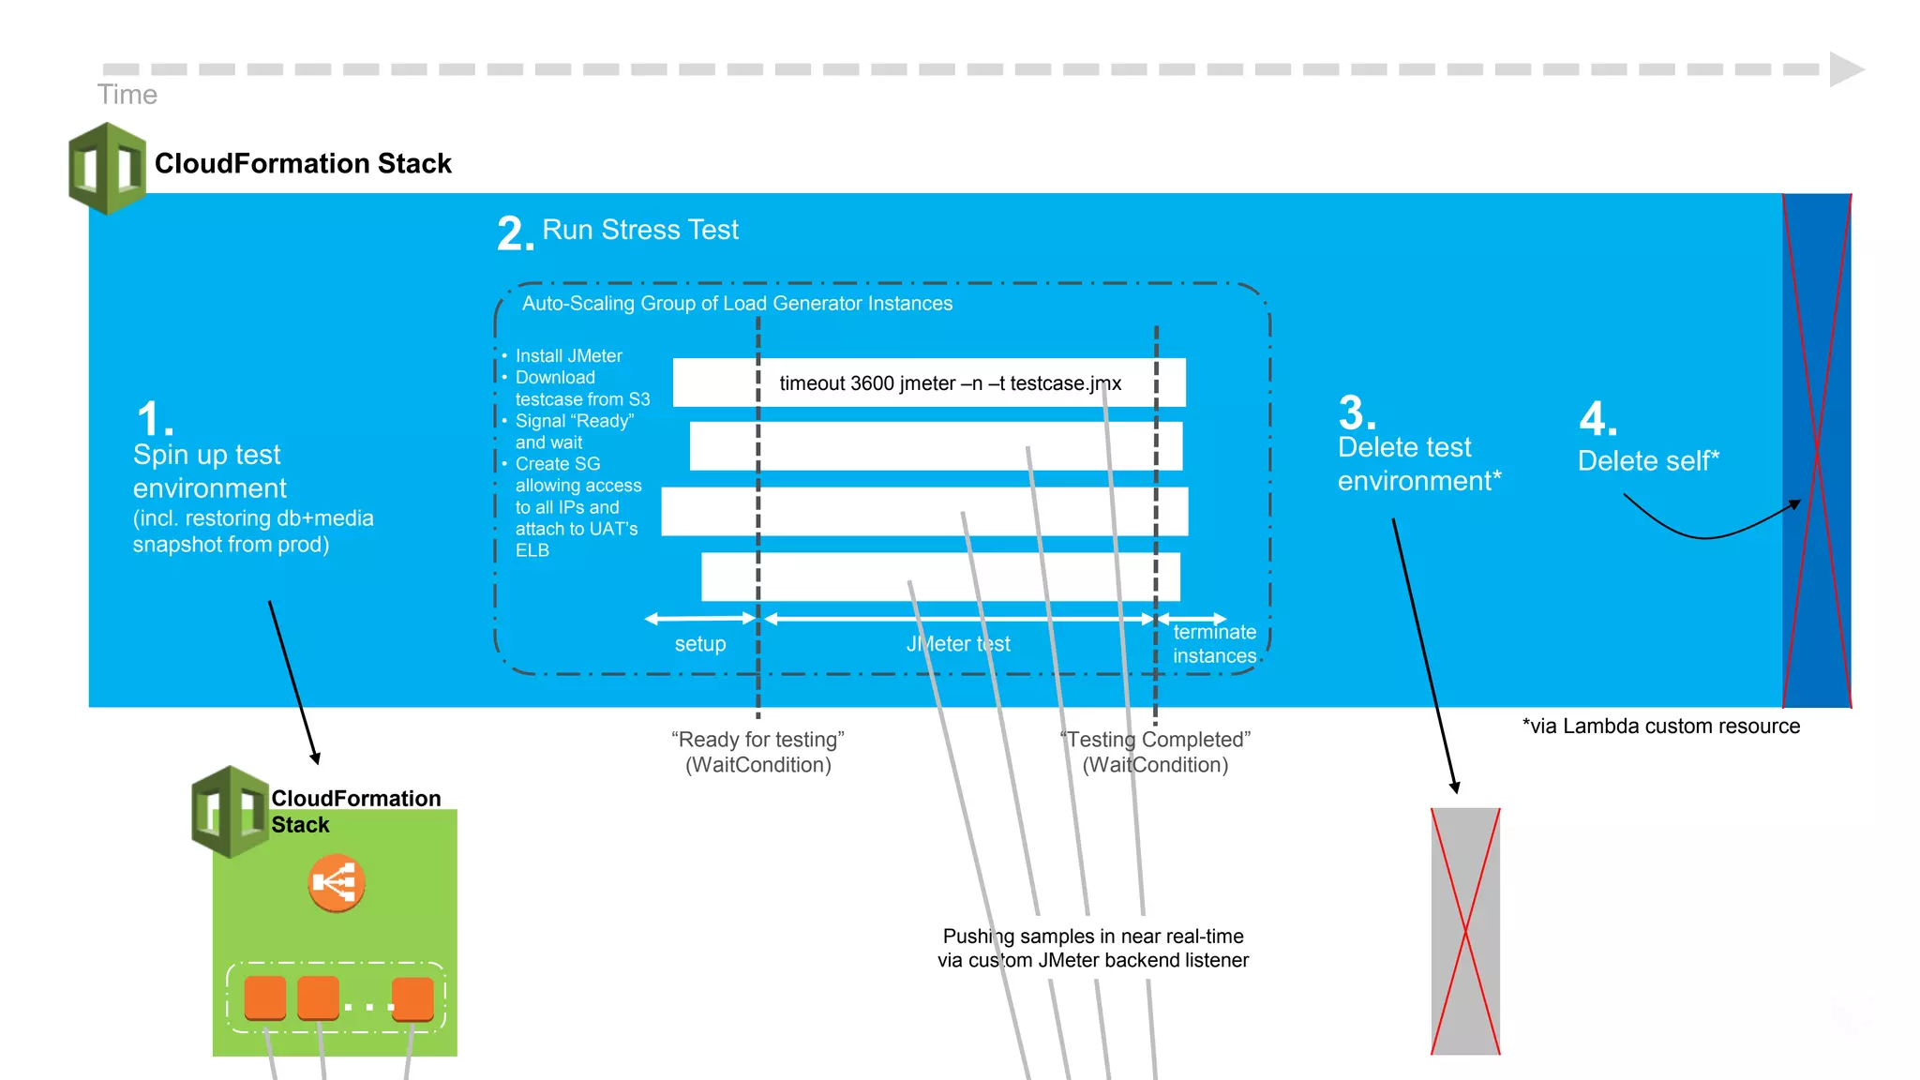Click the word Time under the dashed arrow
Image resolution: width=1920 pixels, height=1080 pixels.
coord(127,95)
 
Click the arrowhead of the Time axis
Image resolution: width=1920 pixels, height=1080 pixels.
coord(1846,69)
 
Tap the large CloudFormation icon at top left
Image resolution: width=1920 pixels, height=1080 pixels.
coord(108,169)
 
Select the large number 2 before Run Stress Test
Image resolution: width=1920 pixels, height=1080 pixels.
coord(515,233)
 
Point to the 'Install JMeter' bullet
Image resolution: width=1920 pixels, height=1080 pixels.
coord(568,356)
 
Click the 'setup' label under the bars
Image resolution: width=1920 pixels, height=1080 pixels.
coord(700,644)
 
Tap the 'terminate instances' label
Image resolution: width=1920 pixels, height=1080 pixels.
coord(1214,644)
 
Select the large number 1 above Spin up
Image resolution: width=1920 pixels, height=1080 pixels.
coord(154,419)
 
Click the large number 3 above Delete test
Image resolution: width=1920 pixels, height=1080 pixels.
coord(1356,413)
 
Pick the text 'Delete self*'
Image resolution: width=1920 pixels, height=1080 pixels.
coord(1648,460)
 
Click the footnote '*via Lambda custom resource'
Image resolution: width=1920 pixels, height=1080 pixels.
coord(1660,726)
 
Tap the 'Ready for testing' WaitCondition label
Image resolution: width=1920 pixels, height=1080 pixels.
coord(757,752)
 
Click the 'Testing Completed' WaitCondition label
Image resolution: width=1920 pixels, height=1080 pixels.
coord(1155,752)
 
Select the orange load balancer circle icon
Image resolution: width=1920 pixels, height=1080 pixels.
coord(336,882)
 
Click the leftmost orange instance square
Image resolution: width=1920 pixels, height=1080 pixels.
coord(265,997)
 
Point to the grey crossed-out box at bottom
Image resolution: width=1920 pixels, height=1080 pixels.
coord(1465,931)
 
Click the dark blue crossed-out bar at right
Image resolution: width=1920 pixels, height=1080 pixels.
coord(1816,450)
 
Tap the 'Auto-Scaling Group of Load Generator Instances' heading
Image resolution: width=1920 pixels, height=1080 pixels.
coord(737,304)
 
